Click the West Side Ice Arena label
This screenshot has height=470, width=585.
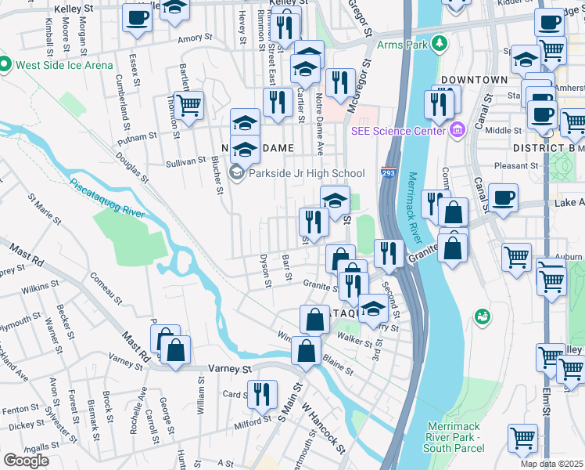pyautogui.click(x=61, y=64)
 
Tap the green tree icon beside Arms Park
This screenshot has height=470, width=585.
pyautogui.click(x=440, y=43)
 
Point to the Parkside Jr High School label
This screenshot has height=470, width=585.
pyautogui.click(x=305, y=173)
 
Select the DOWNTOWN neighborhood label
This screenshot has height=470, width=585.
pyautogui.click(x=474, y=81)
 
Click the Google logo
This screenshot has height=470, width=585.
pyautogui.click(x=26, y=460)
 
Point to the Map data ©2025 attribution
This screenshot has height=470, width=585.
pyautogui.click(x=552, y=464)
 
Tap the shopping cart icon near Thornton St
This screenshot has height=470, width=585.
pyautogui.click(x=188, y=105)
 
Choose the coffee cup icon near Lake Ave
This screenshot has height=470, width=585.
pyautogui.click(x=503, y=197)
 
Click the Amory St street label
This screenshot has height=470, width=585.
pyautogui.click(x=195, y=38)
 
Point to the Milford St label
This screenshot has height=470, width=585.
pyautogui.click(x=252, y=424)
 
